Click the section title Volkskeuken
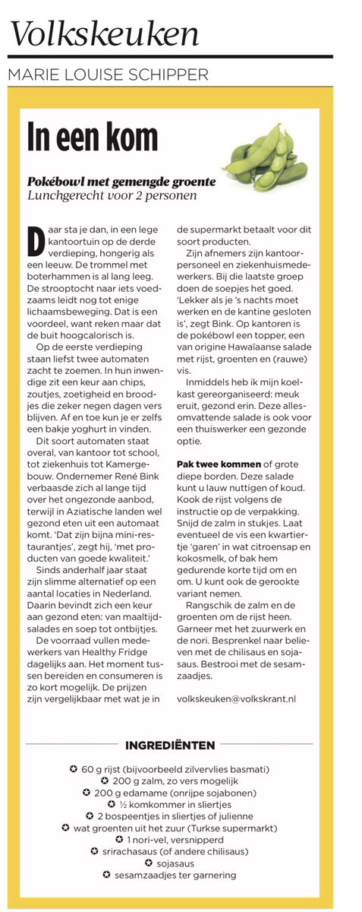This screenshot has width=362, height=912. (x=105, y=33)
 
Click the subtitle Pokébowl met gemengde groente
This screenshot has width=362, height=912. (x=121, y=182)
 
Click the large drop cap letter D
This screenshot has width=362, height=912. (x=35, y=242)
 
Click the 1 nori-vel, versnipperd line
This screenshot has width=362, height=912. (x=181, y=839)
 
